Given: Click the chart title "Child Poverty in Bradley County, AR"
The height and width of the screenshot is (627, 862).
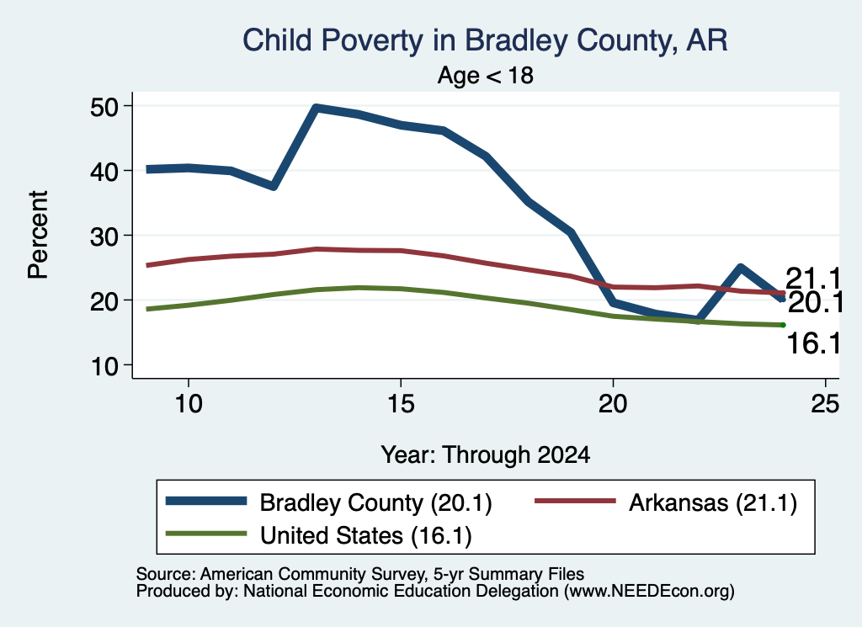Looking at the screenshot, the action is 485,40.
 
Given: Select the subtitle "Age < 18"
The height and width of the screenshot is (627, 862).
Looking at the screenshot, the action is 486,75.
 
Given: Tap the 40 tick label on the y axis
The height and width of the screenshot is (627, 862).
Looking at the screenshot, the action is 104,171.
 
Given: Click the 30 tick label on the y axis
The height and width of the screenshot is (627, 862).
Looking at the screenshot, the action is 104,236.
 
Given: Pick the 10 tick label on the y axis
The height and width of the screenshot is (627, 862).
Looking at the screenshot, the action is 104,365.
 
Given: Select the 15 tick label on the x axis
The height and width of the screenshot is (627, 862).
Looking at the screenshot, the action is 401,404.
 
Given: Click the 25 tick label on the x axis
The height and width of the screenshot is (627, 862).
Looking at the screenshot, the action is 825,404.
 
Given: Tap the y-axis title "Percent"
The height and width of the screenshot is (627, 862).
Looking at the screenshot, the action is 38,235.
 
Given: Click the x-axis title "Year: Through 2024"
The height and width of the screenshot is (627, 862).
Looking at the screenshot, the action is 486,455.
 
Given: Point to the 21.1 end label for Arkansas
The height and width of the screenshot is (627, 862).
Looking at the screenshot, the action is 812,279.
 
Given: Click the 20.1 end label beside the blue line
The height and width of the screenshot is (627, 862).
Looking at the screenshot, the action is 815,303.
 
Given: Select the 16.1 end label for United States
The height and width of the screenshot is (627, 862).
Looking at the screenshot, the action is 814,343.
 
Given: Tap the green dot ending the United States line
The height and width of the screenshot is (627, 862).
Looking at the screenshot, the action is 783,325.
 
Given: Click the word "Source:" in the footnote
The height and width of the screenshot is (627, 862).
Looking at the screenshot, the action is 166,574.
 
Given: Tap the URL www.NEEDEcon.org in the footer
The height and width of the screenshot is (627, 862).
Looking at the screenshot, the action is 649,592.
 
